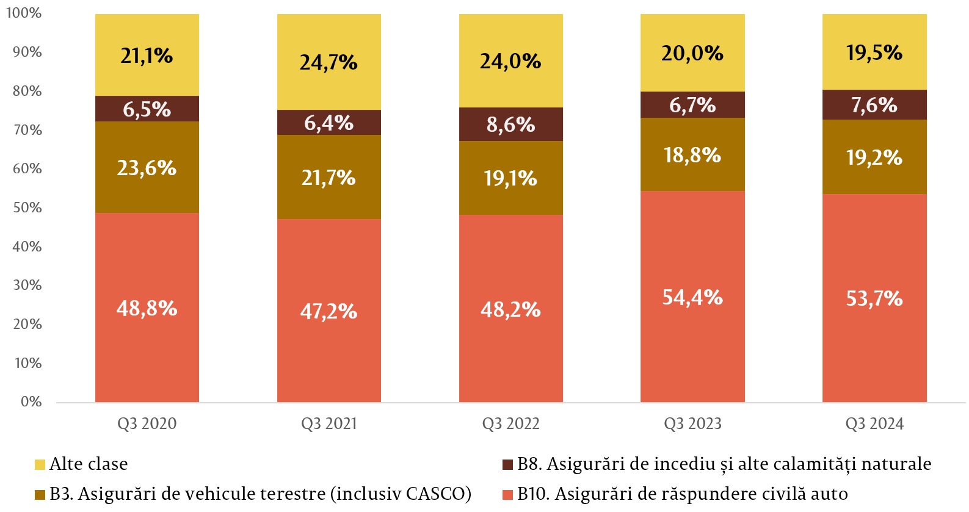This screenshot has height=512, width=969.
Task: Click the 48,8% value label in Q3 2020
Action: [147, 308]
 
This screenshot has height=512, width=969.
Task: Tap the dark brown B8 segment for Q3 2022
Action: [510, 124]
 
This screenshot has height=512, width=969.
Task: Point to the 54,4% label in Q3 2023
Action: [692, 297]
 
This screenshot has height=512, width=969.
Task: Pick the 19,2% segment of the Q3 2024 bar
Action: [874, 157]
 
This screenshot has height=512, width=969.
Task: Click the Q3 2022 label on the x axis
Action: [510, 424]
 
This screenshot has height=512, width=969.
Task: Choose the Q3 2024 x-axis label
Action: [874, 424]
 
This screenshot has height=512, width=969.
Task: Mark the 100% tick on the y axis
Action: [24, 13]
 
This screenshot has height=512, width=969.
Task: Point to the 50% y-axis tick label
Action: [27, 207]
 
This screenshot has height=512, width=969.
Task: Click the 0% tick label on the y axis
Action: [31, 402]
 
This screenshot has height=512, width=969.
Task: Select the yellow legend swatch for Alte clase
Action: [40, 464]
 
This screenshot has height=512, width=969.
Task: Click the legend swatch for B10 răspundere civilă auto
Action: [507, 494]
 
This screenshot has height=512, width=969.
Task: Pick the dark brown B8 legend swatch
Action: [507, 464]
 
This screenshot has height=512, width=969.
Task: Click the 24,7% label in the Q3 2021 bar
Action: [328, 62]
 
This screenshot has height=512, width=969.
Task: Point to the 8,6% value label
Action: [510, 124]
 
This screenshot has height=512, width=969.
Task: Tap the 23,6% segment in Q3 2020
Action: [147, 168]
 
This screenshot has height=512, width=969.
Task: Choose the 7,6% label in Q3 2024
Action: [874, 105]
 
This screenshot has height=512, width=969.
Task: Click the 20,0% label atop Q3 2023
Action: [692, 54]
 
